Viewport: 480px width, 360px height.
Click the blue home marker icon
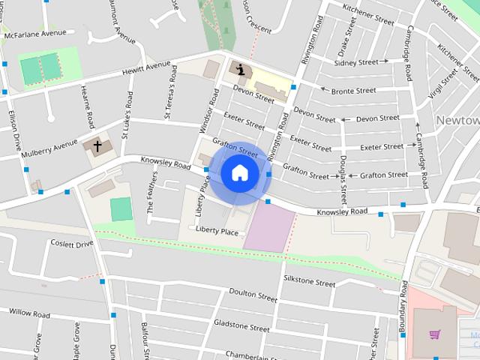pyautogui.click(x=239, y=173)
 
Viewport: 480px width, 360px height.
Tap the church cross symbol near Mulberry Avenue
pyautogui.click(x=97, y=144)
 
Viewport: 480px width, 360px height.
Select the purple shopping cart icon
pyautogui.click(x=434, y=334)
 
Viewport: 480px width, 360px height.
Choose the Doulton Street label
pyautogui.click(x=253, y=295)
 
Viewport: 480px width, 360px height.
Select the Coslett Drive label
pyautogui.click(x=72, y=244)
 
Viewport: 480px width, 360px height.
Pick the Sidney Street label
pyautogui.click(x=357, y=63)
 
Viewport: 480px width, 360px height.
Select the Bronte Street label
pyautogui.click(x=353, y=91)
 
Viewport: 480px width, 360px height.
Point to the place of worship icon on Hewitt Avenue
pyautogui.click(x=240, y=70)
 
